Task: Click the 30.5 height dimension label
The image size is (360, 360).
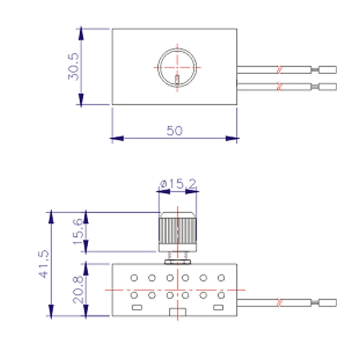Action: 73,66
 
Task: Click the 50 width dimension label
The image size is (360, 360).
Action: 175,130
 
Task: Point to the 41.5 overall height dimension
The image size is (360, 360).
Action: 44,265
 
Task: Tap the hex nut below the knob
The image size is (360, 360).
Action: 177,260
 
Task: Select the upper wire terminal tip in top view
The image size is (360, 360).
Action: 327,70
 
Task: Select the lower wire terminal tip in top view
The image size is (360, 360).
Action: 327,86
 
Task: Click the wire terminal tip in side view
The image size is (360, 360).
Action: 327,302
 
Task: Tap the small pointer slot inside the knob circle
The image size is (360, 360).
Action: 177,80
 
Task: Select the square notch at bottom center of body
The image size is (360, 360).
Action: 177,312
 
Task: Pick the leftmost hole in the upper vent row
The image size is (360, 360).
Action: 134,278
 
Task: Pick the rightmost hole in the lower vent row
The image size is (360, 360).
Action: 221,295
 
